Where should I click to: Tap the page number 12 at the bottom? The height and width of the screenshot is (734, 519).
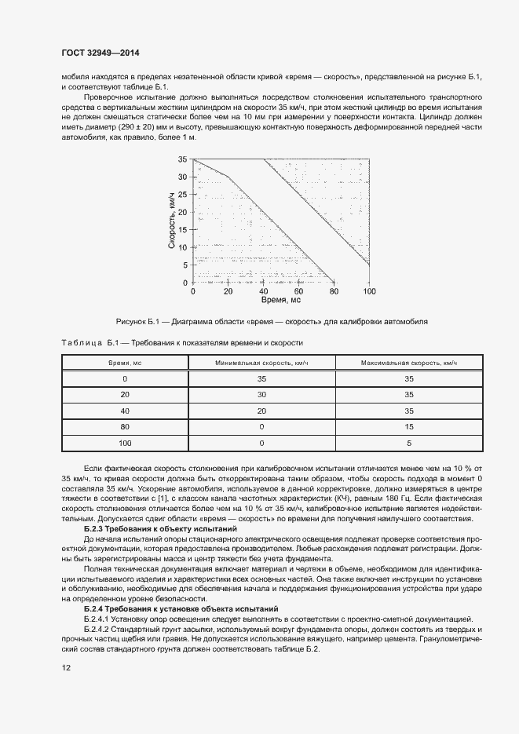tap(66, 667)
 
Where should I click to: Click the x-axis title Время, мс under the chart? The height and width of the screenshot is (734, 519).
tap(281, 300)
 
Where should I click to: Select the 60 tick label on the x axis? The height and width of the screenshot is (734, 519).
tap(299, 290)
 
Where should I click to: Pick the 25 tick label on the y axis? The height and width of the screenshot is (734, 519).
tap(182, 194)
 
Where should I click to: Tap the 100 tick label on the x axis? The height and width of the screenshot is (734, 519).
tap(369, 290)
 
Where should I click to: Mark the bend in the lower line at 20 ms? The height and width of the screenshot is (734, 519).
tap(228, 177)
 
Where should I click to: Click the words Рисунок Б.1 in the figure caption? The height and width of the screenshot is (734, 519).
tap(137, 322)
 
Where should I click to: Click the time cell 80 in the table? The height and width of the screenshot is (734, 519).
tap(125, 427)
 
